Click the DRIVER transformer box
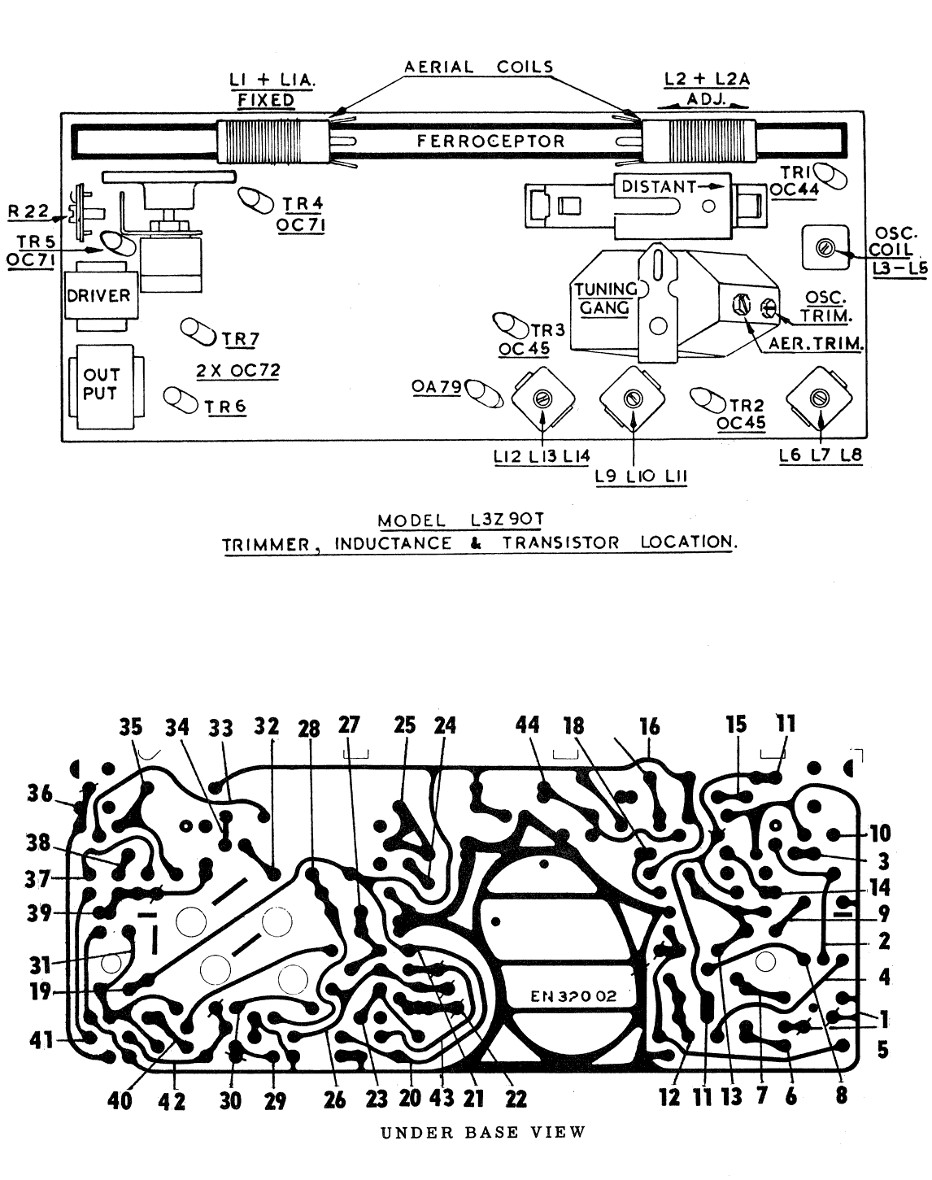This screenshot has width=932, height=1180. click(x=97, y=296)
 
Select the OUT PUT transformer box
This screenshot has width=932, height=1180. click(x=101, y=385)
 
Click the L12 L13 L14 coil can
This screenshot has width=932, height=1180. click(x=542, y=398)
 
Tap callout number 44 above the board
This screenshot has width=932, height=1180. click(x=528, y=725)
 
